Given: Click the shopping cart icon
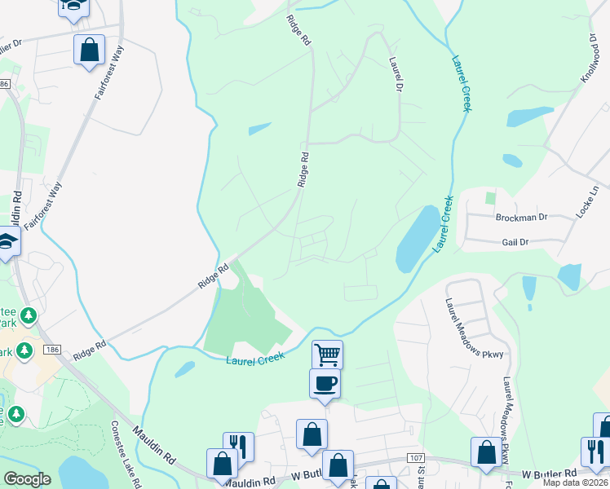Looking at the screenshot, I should tap(327, 354).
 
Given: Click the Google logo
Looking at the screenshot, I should tap(27, 479).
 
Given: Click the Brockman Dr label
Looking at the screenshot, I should tap(521, 218).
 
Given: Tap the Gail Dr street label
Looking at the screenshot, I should tap(515, 242).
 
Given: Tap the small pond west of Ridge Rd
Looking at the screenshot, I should tap(259, 129).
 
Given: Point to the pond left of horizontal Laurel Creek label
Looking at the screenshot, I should tap(185, 368).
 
